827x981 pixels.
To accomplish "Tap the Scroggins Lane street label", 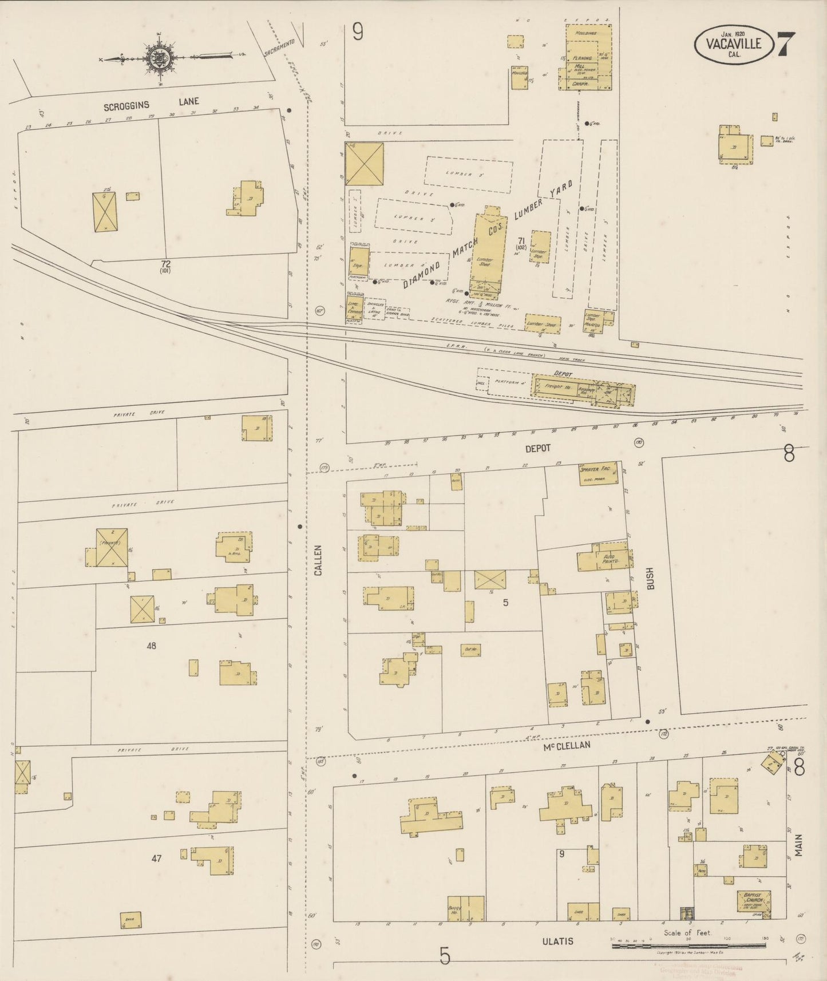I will click(x=152, y=104).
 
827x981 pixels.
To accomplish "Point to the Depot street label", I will click(x=537, y=448).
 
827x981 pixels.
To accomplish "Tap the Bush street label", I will click(x=650, y=579).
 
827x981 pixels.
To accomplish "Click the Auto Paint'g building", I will click(x=606, y=558).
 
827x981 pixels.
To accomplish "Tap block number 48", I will click(x=151, y=646).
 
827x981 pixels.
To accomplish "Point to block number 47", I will click(x=156, y=859).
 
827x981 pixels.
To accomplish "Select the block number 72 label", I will click(x=165, y=264).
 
